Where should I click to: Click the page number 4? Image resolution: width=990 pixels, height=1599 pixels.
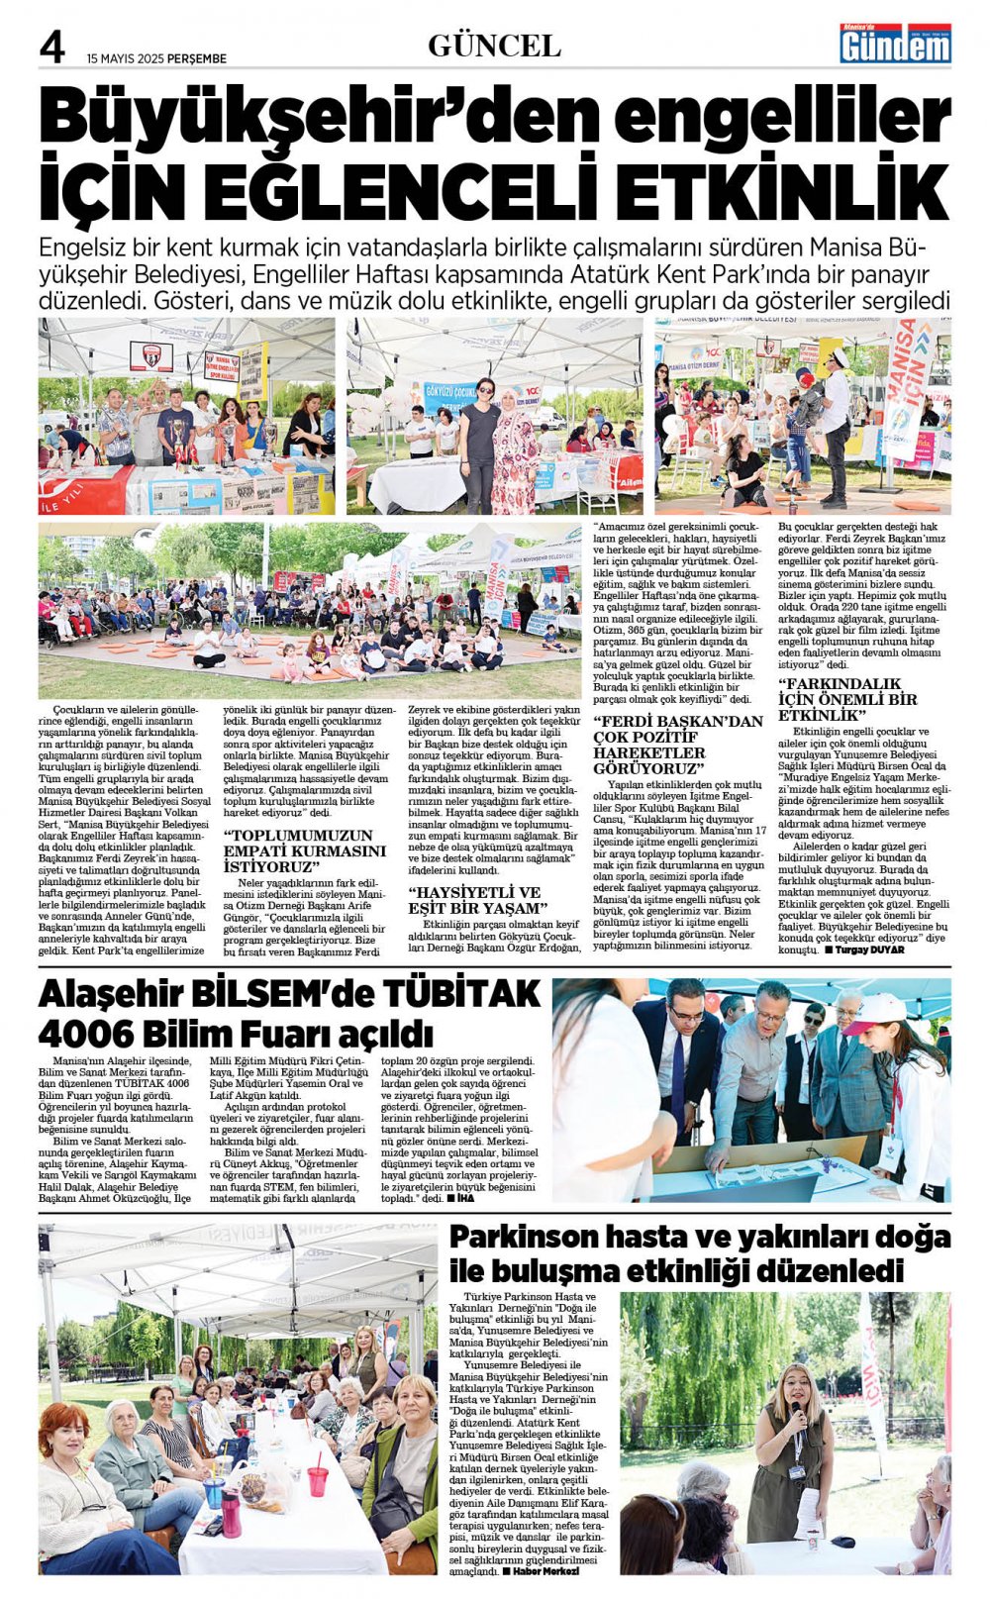click(51, 47)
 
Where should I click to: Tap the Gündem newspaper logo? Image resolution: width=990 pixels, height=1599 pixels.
click(895, 44)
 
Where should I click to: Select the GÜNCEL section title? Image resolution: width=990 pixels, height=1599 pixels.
click(494, 46)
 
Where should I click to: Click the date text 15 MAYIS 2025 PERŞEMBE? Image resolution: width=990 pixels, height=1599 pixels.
click(156, 58)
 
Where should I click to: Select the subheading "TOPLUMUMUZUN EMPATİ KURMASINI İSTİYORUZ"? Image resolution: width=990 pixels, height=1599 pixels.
click(304, 850)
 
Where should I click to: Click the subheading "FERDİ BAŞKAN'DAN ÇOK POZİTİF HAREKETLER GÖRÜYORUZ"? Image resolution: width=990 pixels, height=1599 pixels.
click(678, 744)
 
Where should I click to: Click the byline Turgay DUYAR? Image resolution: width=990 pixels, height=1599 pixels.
click(869, 949)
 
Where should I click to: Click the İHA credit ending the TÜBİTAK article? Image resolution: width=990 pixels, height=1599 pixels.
click(465, 1198)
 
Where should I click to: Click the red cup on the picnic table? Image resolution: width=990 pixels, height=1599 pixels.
click(317, 1480)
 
